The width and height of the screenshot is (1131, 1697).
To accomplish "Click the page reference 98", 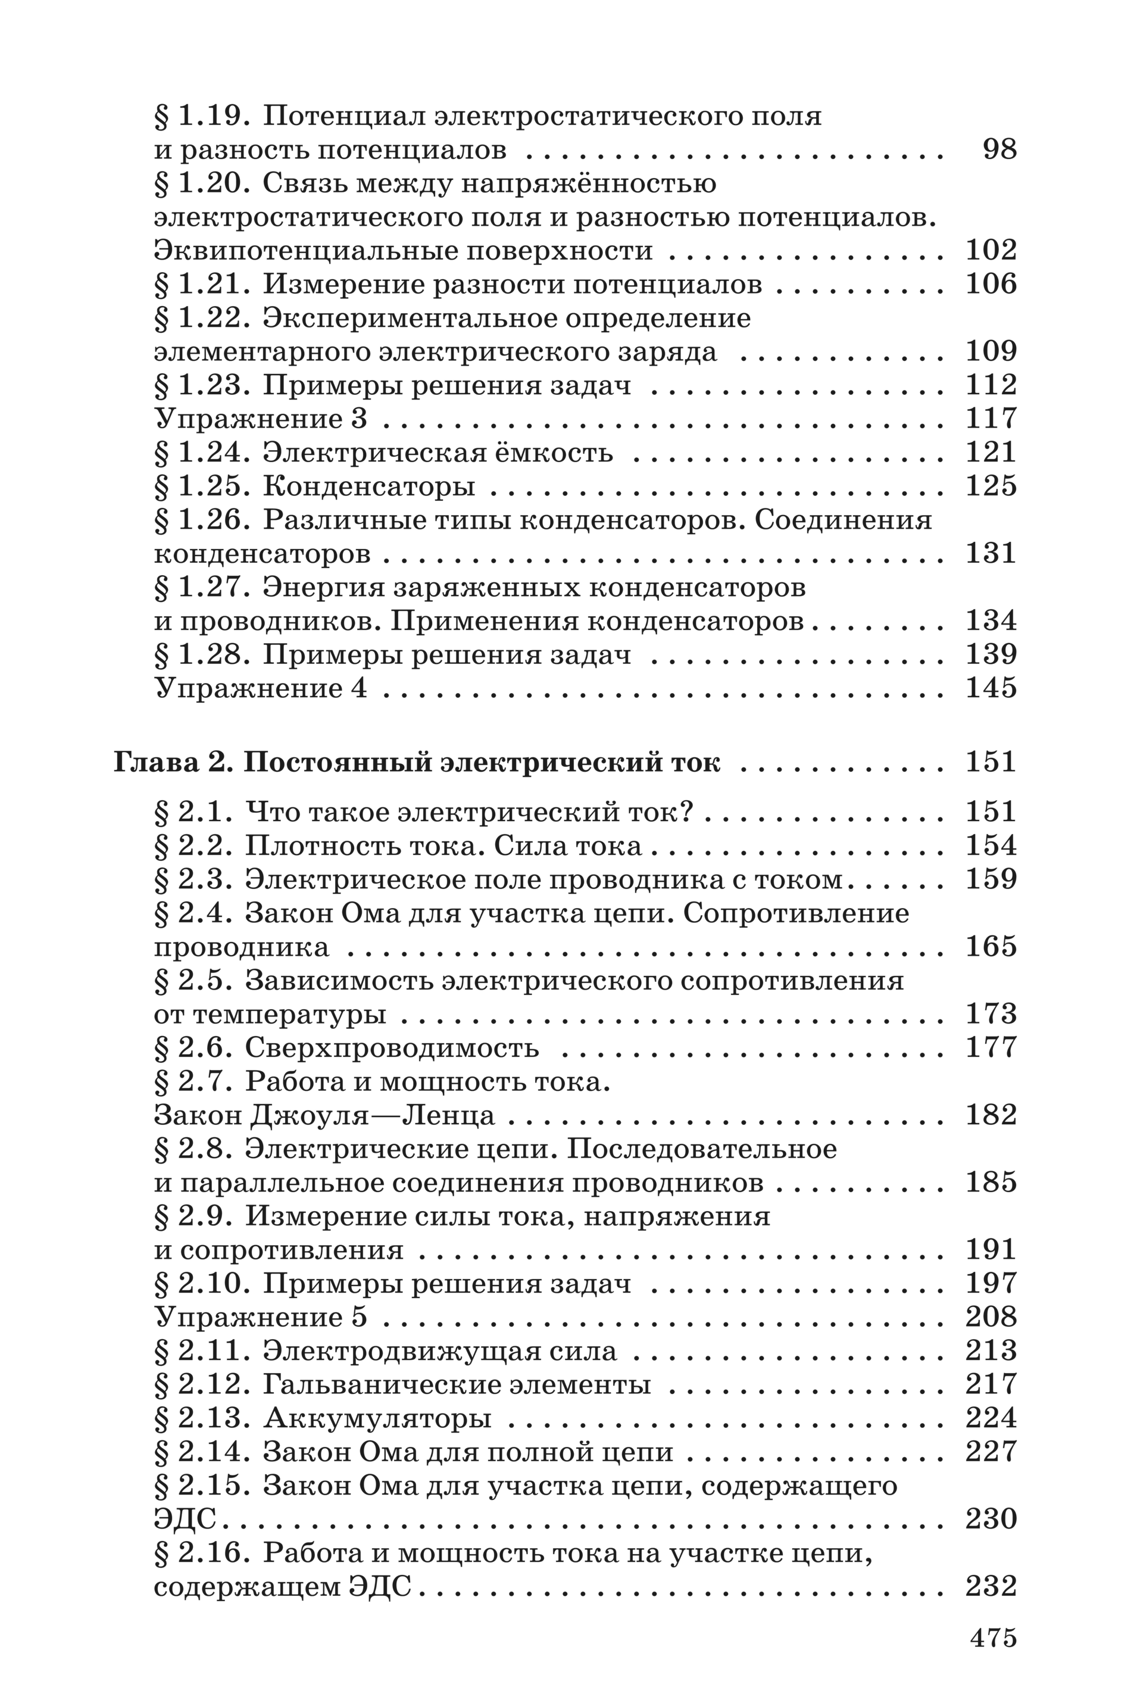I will [x=999, y=149].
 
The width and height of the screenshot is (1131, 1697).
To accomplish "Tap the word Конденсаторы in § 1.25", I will [x=368, y=486].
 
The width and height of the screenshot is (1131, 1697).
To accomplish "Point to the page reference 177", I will [x=991, y=1047].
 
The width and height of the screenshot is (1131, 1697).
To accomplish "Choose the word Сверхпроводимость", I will [x=392, y=1047].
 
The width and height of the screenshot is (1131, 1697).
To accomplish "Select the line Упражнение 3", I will [x=261, y=419].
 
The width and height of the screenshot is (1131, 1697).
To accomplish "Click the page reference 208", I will [x=991, y=1317].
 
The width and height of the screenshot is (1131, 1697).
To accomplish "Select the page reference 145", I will [x=991, y=688].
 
